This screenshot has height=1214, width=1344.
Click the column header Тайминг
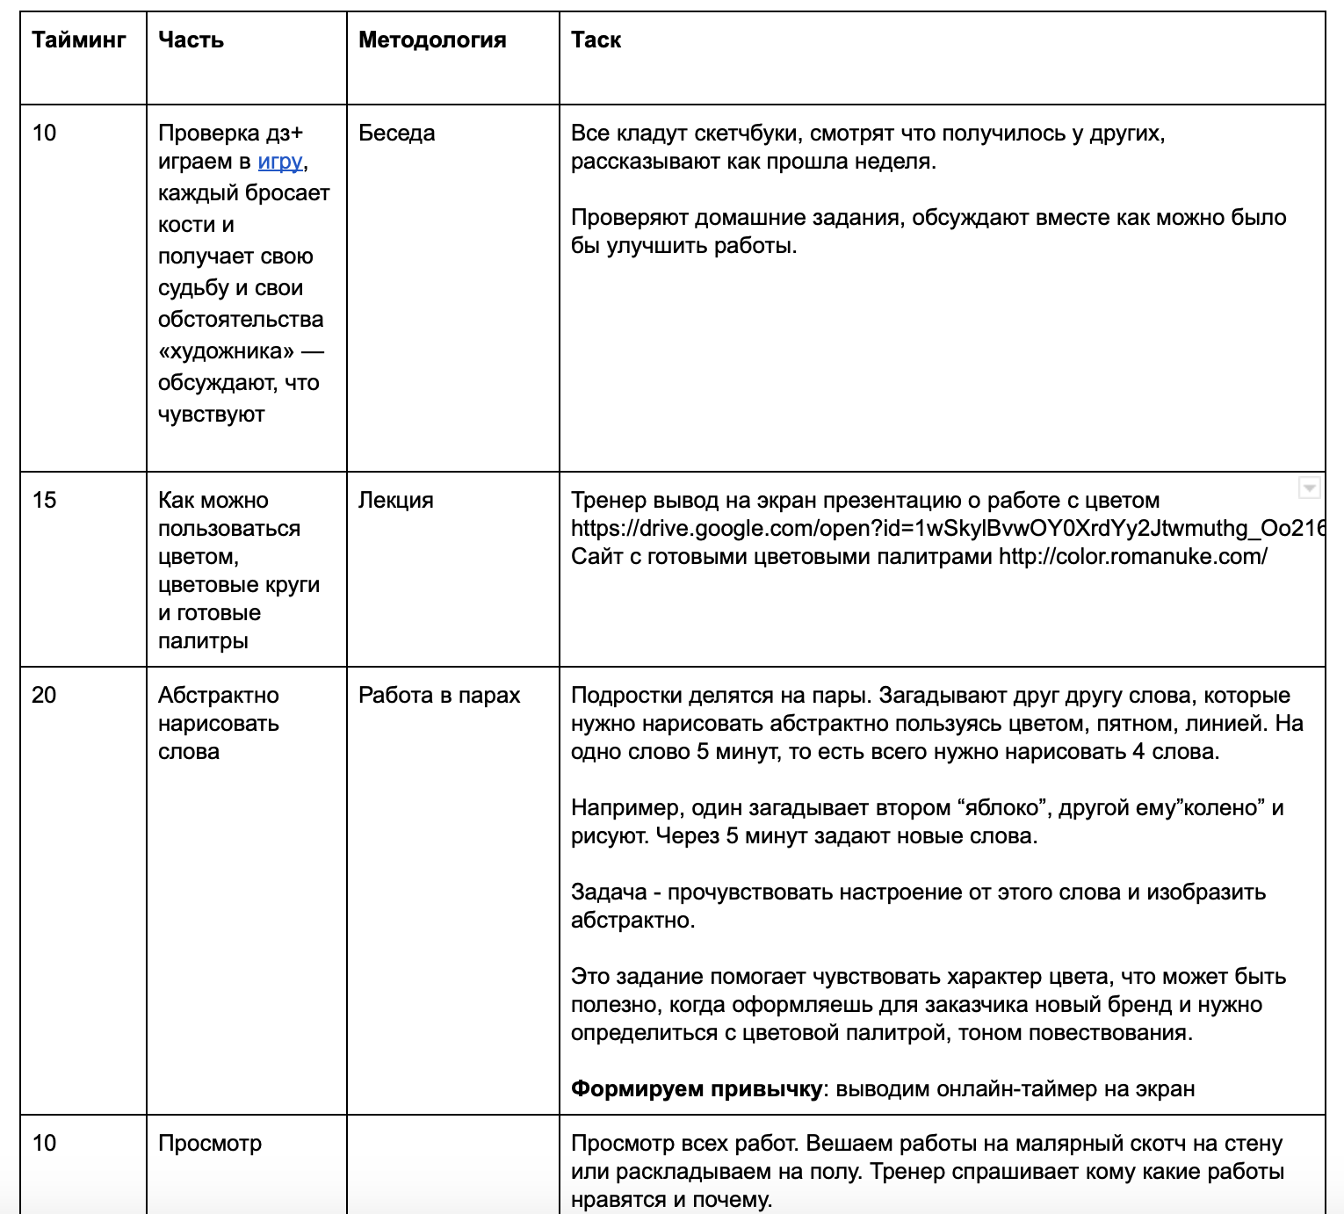pos(79,40)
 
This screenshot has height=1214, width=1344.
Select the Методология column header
pos(432,40)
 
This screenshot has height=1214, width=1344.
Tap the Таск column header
pos(596,40)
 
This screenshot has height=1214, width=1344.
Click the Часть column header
pos(191,40)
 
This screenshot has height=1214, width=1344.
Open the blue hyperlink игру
pos(280,162)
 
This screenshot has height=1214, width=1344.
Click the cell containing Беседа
pos(397,134)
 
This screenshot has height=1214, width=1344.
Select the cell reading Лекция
pos(396,501)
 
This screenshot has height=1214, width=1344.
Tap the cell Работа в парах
pos(439,696)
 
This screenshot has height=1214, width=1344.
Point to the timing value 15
pos(44,501)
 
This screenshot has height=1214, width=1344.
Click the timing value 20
pos(44,696)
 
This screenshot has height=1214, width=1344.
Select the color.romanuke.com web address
pos(1132,557)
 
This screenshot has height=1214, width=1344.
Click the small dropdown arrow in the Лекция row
pos(1309,488)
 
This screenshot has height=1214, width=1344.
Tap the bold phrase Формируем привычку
pos(696,1089)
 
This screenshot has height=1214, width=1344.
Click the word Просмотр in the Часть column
pos(210,1144)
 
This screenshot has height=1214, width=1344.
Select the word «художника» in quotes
pos(226,351)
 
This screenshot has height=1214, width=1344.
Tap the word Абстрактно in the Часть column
pos(219,696)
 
